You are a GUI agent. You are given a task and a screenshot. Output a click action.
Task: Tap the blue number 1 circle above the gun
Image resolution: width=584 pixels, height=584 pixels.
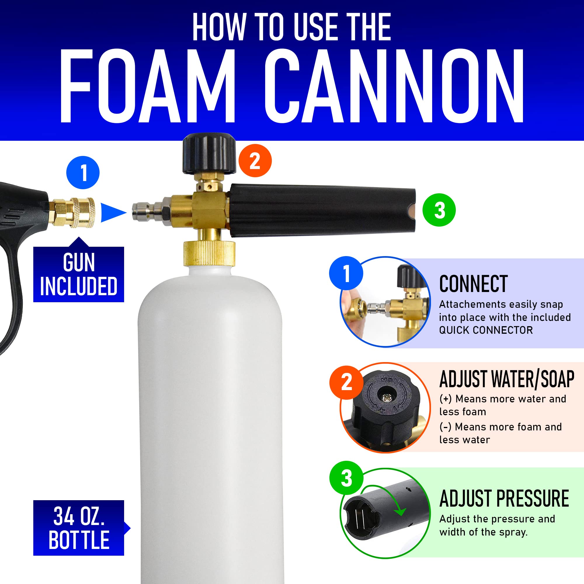pyautogui.click(x=83, y=173)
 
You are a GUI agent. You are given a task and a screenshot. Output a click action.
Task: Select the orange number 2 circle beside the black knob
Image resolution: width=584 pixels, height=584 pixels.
pyautogui.click(x=255, y=161)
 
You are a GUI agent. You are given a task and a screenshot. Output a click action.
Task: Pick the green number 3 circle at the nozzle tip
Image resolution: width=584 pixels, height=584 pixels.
pyautogui.click(x=439, y=210)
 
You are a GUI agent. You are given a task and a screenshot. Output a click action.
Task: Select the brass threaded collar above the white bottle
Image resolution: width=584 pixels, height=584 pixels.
pyautogui.click(x=209, y=253)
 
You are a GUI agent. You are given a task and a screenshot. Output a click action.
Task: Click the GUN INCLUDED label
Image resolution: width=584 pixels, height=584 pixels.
pyautogui.click(x=79, y=274)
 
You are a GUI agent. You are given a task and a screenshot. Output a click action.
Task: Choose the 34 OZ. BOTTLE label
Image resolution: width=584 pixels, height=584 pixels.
pyautogui.click(x=79, y=528)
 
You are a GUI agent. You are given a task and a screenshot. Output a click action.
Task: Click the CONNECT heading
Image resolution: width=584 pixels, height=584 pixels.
pyautogui.click(x=473, y=284)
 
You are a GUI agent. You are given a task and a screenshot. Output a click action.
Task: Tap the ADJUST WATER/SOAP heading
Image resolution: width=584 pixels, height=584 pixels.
pyautogui.click(x=507, y=379)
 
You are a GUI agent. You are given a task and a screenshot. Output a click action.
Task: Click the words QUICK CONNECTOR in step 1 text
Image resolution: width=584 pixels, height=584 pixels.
pyautogui.click(x=486, y=330)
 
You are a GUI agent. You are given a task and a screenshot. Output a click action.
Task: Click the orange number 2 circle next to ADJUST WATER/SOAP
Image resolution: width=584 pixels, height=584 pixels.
pyautogui.click(x=346, y=382)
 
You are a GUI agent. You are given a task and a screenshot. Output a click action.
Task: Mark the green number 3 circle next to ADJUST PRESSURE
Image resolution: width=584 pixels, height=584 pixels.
pyautogui.click(x=346, y=478)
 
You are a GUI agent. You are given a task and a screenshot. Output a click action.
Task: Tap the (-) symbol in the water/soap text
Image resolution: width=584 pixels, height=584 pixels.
pyautogui.click(x=445, y=427)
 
